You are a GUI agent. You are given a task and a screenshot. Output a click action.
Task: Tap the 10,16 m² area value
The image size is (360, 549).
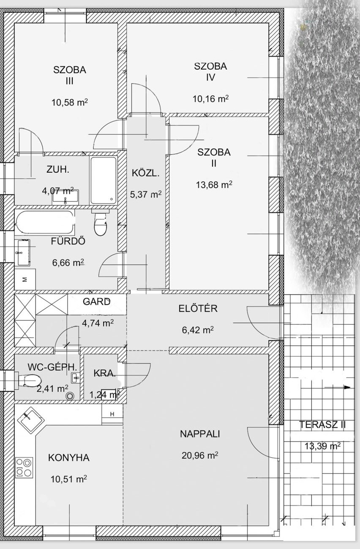pos(210,99)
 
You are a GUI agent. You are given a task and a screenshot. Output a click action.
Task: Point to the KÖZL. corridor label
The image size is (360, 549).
pos(145,173)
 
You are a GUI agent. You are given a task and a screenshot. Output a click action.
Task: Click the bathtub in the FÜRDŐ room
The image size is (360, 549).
pos(45,222)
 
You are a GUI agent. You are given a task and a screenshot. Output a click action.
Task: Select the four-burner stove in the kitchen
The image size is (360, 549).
pos(25,467)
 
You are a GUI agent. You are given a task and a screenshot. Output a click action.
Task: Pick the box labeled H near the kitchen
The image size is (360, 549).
pos(112,414)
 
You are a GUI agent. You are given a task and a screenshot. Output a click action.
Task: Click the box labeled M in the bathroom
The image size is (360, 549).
pos(25,280)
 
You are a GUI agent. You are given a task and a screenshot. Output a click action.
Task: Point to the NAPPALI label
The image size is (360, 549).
pos(200,434)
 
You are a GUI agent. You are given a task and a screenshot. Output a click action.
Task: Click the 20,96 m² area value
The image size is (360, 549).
pos(200,455)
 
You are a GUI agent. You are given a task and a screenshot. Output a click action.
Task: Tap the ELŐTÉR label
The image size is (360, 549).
pos(198,308)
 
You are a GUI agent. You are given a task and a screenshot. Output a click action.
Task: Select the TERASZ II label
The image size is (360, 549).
pos(322,425)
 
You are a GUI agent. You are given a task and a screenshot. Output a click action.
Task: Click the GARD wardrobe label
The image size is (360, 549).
pos(97,302)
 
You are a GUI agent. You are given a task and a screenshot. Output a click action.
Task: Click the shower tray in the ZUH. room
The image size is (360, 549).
pos(103,180)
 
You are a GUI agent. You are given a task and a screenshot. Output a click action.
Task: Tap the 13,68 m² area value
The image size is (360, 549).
pos(214,185)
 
